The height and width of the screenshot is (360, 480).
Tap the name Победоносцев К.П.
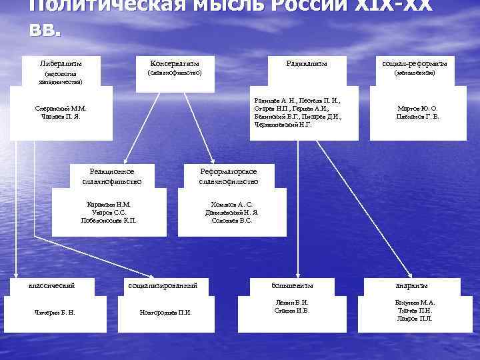click(x=109, y=220)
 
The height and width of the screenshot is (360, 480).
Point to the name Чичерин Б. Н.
click(x=55, y=312)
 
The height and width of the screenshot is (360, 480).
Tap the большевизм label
click(x=292, y=285)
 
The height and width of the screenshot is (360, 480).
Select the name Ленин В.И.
click(x=292, y=302)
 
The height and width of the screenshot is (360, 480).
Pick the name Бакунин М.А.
click(x=414, y=302)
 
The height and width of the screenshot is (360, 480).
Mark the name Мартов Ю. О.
click(x=417, y=108)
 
